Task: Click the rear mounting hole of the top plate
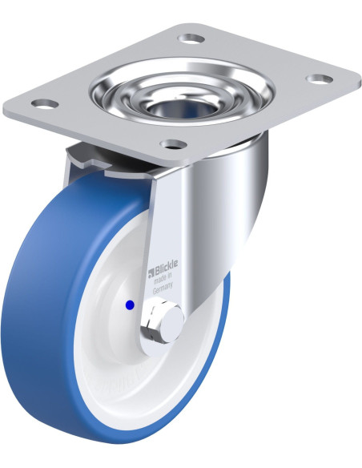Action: [191, 38]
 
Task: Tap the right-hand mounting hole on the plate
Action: [320, 79]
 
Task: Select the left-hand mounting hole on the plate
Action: [45, 104]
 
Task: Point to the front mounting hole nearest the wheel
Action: [173, 144]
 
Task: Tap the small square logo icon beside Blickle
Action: [151, 272]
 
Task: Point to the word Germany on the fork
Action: [163, 288]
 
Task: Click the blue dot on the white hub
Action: [130, 305]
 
